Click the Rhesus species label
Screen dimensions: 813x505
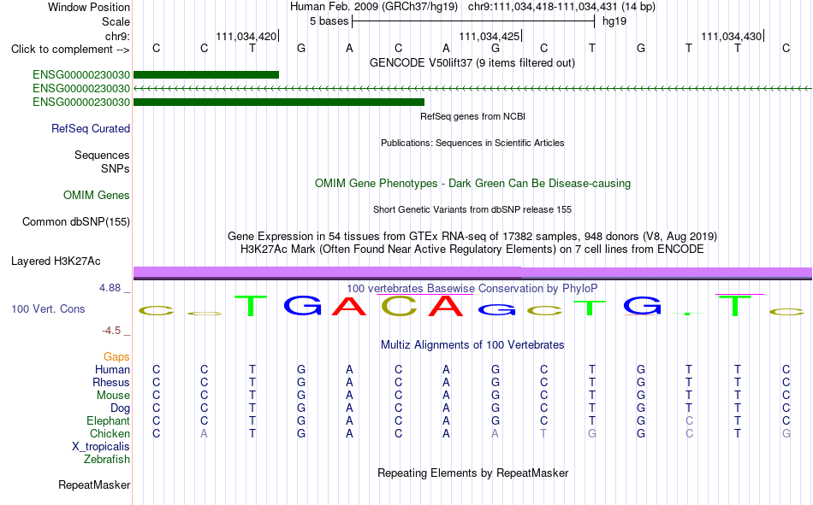point(111,382)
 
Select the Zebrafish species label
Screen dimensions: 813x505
point(107,460)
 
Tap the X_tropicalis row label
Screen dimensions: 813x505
point(101,447)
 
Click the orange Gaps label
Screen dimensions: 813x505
point(116,357)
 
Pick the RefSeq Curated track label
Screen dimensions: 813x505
point(91,128)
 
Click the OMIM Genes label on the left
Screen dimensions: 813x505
point(97,196)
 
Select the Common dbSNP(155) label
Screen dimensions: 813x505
point(76,221)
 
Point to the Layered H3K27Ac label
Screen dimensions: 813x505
point(56,261)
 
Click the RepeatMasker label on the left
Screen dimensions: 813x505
point(94,484)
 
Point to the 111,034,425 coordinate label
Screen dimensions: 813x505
point(489,36)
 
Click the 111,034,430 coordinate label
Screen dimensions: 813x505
point(732,36)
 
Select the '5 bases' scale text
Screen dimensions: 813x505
point(329,21)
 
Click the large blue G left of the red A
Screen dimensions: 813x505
point(303,305)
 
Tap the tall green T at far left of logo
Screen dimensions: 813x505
point(251,306)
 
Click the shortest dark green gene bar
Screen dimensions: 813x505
point(206,74)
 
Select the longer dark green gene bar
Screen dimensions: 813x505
point(279,102)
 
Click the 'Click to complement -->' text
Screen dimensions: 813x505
point(70,50)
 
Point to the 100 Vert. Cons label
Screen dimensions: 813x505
point(48,308)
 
